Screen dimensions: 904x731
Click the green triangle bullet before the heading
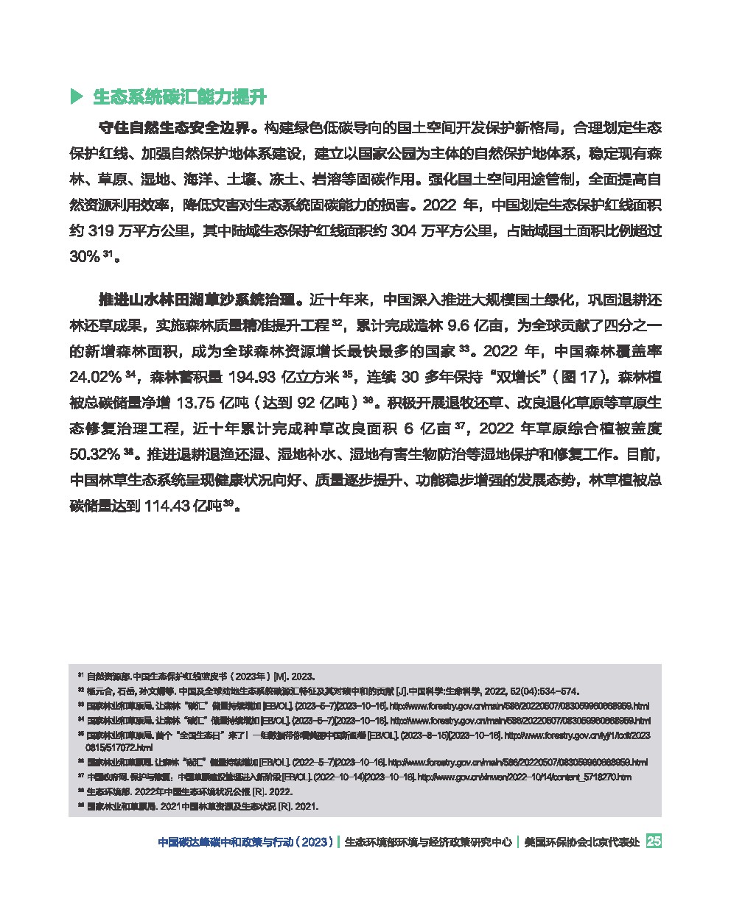[x=75, y=96]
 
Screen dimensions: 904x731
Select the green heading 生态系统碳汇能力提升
[x=179, y=97]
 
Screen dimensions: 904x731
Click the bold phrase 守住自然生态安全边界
[x=174, y=128]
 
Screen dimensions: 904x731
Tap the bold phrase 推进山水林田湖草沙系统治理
[x=197, y=300]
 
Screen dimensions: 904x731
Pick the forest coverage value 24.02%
[x=95, y=378]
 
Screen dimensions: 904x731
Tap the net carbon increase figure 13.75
[x=179, y=403]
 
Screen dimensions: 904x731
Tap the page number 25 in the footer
[x=653, y=841]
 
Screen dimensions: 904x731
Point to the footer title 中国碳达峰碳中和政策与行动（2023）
[x=247, y=842]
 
